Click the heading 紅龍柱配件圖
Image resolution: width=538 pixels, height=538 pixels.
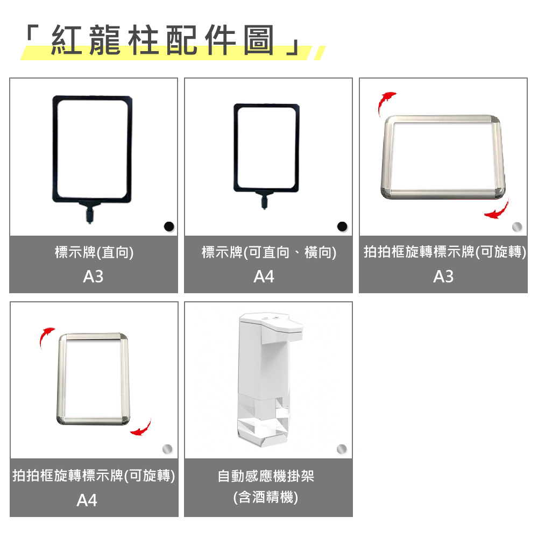162,40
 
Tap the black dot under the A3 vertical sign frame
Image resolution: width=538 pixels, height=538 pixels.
169,226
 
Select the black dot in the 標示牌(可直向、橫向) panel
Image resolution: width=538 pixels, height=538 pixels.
342,226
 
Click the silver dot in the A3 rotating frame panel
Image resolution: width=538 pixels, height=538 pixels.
516,226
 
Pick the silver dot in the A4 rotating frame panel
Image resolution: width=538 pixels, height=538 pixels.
167,449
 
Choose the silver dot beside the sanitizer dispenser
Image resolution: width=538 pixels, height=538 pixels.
342,449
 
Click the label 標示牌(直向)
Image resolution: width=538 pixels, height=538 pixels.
94,252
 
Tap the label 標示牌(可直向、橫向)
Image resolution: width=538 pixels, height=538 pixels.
268,252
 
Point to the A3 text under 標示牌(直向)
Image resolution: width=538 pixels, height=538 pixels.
93,277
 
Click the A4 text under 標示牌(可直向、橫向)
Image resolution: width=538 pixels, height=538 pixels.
264,277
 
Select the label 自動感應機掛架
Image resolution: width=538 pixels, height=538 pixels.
266,476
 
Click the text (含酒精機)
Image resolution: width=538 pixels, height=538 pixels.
266,497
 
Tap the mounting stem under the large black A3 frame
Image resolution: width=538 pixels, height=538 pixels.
89,213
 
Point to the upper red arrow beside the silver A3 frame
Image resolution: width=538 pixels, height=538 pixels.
386,103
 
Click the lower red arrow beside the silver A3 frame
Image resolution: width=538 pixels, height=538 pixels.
498,210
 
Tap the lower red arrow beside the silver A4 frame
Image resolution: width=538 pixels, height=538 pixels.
141,428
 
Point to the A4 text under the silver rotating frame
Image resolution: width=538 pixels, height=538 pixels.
87,500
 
